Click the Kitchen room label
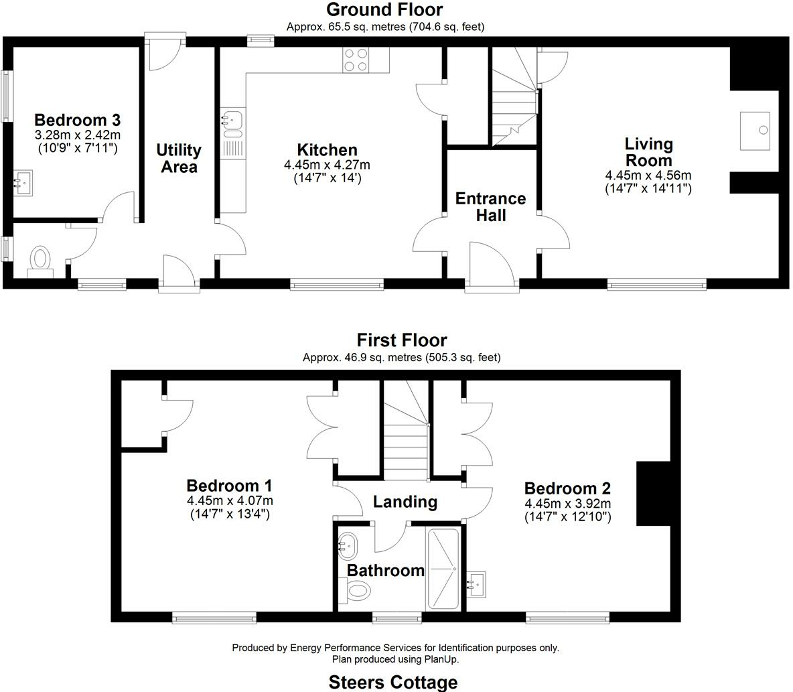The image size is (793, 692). tap(327, 150)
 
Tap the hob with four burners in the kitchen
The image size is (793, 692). tap(357, 60)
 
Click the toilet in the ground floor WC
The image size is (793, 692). tap(40, 259)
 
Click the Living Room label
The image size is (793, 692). tap(648, 152)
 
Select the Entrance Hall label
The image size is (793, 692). tap(490, 206)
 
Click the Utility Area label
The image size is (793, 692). tap(178, 158)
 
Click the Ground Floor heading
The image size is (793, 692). tap(384, 9)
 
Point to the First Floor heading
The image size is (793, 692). tap(401, 340)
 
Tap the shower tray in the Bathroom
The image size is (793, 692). tap(443, 568)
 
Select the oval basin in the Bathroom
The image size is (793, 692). tap(348, 545)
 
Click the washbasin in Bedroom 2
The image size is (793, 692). tap(476, 583)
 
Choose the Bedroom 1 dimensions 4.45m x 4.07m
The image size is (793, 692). tap(230, 501)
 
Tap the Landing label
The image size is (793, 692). tap(405, 502)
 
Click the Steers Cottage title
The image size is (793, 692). tap(393, 682)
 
